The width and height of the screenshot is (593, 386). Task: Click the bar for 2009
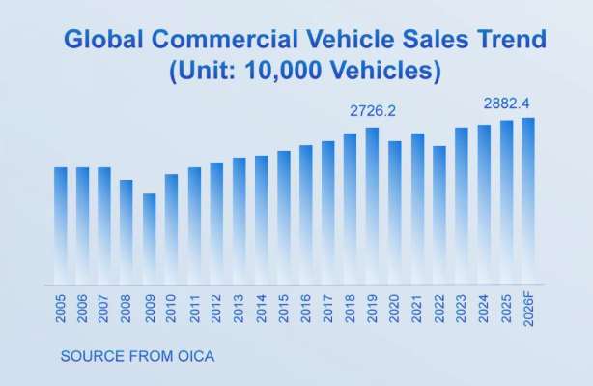click(150, 239)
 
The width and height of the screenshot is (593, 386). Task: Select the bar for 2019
click(372, 206)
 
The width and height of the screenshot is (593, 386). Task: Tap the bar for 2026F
click(528, 201)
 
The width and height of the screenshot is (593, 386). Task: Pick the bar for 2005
click(61, 226)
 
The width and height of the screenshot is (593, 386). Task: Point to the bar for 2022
click(439, 216)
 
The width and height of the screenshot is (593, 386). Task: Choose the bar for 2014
click(262, 221)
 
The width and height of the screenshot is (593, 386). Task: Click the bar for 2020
click(395, 213)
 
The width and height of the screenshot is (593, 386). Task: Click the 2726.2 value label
click(373, 111)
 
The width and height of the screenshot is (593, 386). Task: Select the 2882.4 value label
click(506, 104)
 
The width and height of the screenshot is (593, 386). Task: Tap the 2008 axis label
click(126, 309)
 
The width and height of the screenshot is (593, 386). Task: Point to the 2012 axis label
click(216, 309)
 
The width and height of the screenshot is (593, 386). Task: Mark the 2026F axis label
click(528, 309)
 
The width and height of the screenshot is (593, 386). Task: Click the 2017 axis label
click(328, 309)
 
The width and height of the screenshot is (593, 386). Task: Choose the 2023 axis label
click(461, 309)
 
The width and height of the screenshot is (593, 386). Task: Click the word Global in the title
click(103, 39)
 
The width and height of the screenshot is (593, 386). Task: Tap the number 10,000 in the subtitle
click(283, 71)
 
